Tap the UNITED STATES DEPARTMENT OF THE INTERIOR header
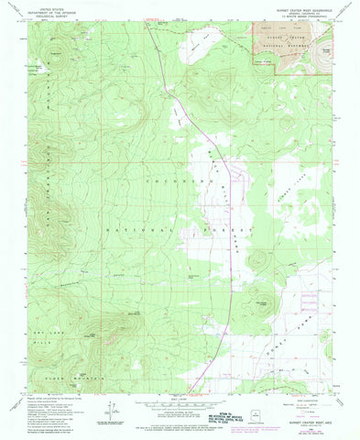click(50, 11)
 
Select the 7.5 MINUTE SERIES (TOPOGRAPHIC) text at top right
click(302, 16)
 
